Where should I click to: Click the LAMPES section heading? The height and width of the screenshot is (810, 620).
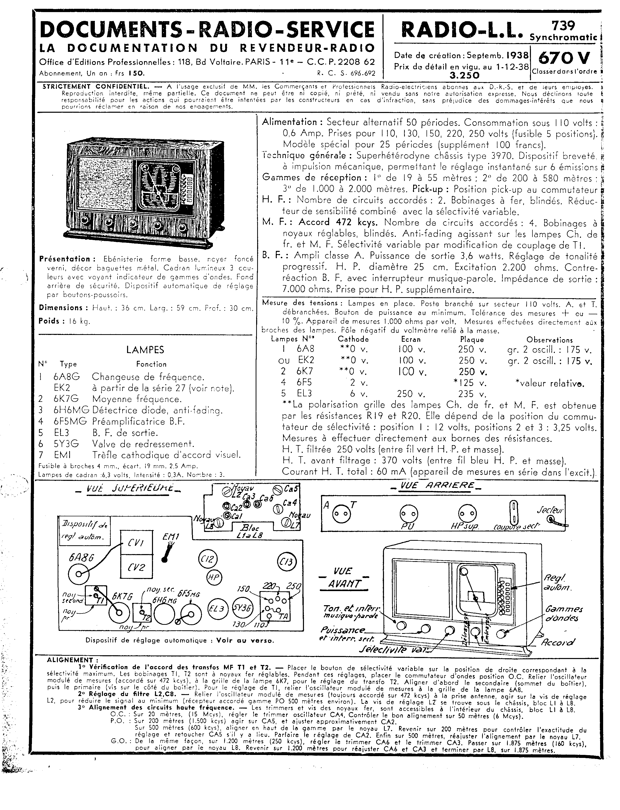click(x=145, y=350)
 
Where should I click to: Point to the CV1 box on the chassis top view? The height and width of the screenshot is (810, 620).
click(x=136, y=543)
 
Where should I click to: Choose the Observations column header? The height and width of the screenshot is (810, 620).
click(x=550, y=340)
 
